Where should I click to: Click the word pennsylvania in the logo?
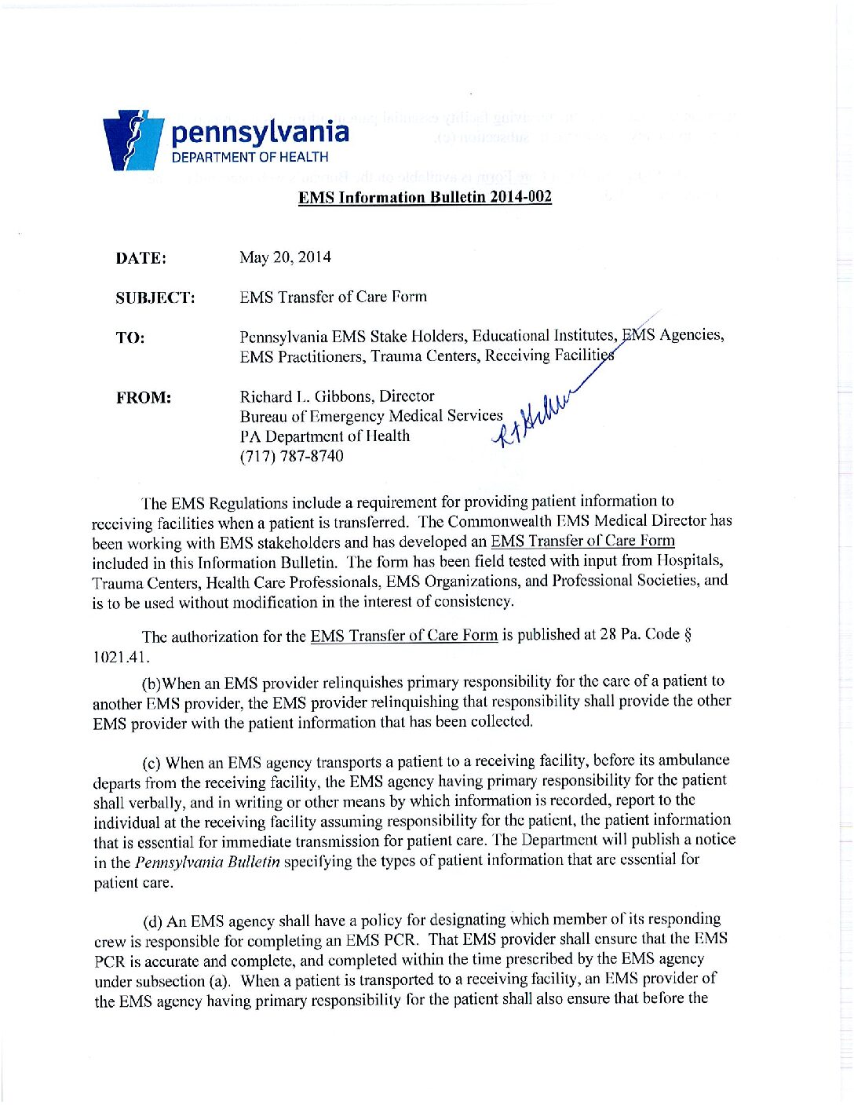pyautogui.click(x=260, y=132)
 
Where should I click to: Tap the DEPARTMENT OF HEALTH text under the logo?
pyautogui.click(x=250, y=157)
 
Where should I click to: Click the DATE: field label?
pyautogui.click(x=141, y=258)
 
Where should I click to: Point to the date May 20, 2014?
pyautogui.click(x=285, y=257)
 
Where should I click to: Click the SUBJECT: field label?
pyautogui.click(x=155, y=298)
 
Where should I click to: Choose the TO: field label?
pyautogui.click(x=130, y=338)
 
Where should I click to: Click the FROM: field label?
pyautogui.click(x=144, y=398)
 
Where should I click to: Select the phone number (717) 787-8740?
pyautogui.click(x=291, y=456)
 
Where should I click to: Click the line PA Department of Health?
pyautogui.click(x=324, y=436)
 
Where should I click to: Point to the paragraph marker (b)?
pyautogui.click(x=151, y=683)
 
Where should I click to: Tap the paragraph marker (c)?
pyautogui.click(x=152, y=763)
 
